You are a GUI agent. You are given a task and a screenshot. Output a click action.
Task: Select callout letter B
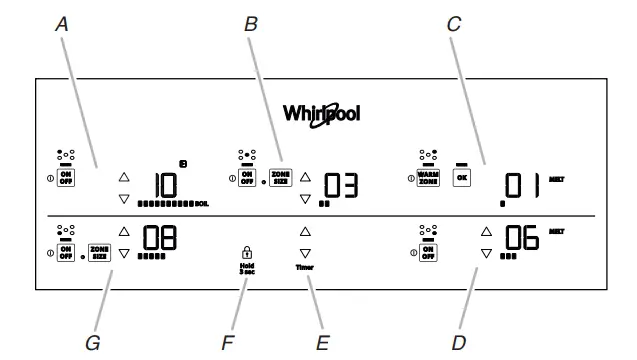coord(251,27)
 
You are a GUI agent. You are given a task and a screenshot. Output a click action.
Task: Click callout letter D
coord(457,342)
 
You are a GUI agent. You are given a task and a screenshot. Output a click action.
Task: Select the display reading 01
coord(523,186)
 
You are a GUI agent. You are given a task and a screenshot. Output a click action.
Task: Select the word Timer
coord(305,269)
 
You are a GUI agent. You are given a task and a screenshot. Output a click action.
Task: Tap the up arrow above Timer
coord(305,232)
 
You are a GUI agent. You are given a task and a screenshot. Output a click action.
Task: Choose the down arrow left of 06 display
coord(487,254)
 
